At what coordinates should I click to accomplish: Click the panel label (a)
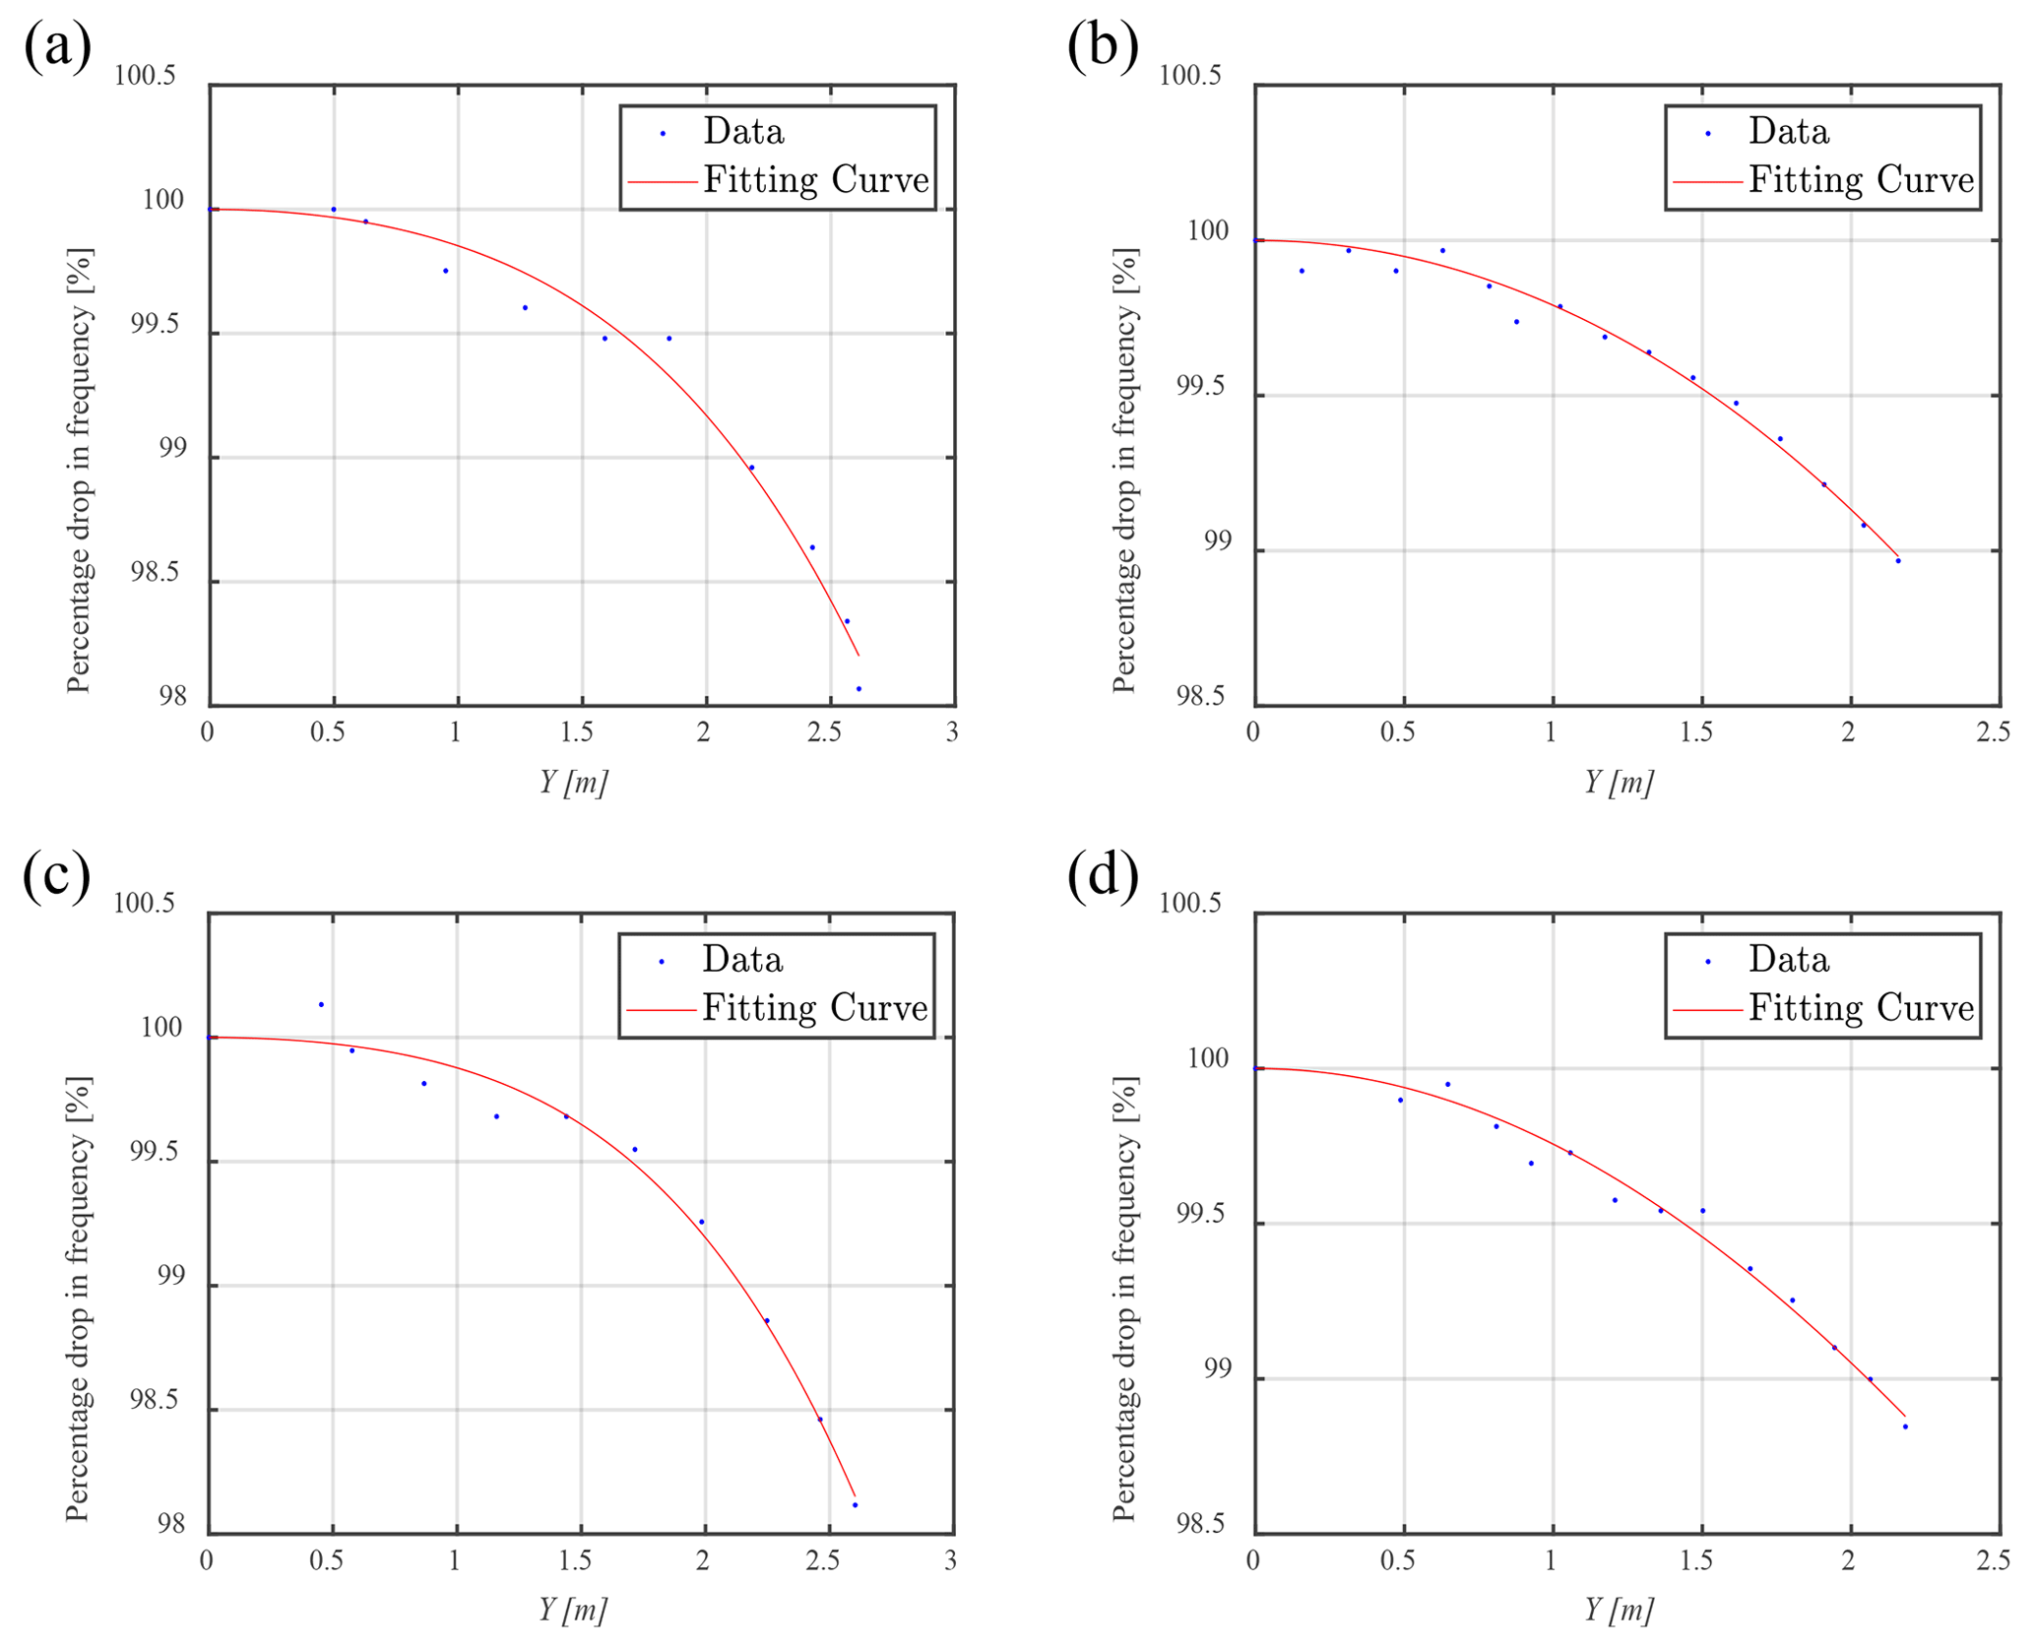click(57, 46)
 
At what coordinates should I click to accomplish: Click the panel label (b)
click(1103, 46)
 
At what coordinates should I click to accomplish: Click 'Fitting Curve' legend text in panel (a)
click(815, 180)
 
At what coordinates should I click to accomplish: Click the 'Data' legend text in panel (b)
click(1788, 132)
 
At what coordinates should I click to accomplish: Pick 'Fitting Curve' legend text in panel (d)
click(1861, 1008)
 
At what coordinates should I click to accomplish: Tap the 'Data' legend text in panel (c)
click(742, 960)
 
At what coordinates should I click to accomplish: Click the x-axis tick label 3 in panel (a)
click(952, 732)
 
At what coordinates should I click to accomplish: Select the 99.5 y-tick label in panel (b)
click(1203, 387)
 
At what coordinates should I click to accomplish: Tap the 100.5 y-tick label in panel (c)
click(144, 904)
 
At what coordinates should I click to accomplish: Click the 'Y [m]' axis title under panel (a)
click(573, 783)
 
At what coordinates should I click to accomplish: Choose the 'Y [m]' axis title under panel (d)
click(1619, 1611)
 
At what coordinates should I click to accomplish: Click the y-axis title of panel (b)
click(1124, 471)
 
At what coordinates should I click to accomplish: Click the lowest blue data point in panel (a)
click(859, 689)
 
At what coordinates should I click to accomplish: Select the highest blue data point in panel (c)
click(321, 1005)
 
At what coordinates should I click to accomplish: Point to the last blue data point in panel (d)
click(1905, 1426)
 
